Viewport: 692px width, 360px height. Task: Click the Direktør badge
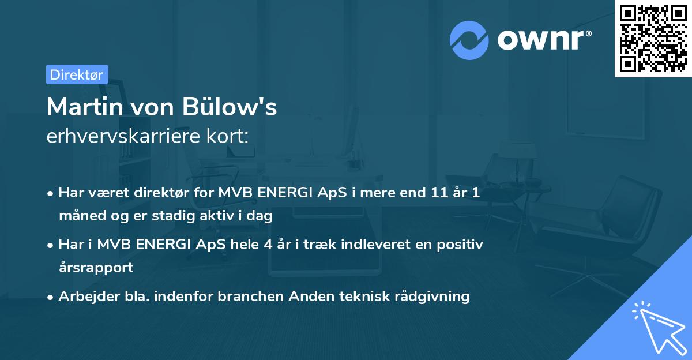pyautogui.click(x=77, y=74)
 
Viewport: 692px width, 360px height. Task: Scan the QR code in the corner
pyautogui.click(x=653, y=38)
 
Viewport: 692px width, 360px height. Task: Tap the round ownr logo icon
pyautogui.click(x=469, y=39)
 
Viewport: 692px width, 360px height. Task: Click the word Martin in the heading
pyautogui.click(x=82, y=107)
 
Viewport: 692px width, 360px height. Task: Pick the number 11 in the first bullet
pyautogui.click(x=434, y=193)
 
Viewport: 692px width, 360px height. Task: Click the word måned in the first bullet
pyautogui.click(x=79, y=216)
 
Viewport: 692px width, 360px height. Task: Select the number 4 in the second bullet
pyautogui.click(x=268, y=245)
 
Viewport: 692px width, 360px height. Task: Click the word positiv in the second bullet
pyautogui.click(x=460, y=245)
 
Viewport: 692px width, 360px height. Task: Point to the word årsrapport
pyautogui.click(x=96, y=268)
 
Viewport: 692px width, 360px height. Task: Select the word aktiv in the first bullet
pyautogui.click(x=231, y=216)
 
